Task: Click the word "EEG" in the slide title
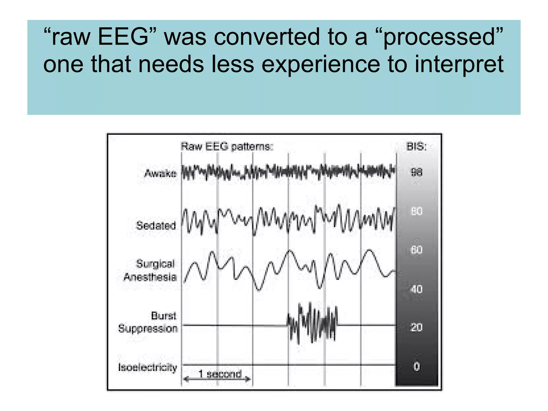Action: (123, 37)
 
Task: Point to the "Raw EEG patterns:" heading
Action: (227, 147)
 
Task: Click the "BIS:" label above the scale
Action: (416, 147)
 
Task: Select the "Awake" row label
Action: (161, 173)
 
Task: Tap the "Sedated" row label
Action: (156, 226)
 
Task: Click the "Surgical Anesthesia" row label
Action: (150, 270)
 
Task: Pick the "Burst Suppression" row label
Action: (148, 322)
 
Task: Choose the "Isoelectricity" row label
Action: (147, 367)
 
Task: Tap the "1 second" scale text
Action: (220, 374)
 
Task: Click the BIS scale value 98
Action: (417, 173)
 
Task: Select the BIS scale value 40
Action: (416, 289)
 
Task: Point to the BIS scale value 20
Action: (416, 327)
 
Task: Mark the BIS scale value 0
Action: (417, 366)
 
